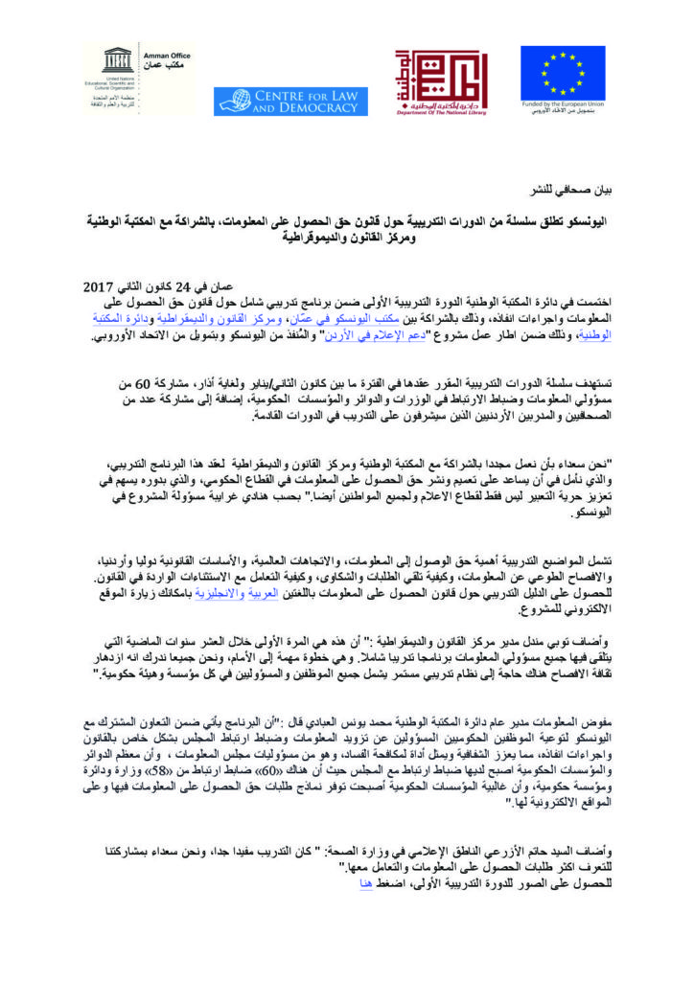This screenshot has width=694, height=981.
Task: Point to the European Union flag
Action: click(562, 73)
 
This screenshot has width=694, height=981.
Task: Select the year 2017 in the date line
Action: click(99, 287)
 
